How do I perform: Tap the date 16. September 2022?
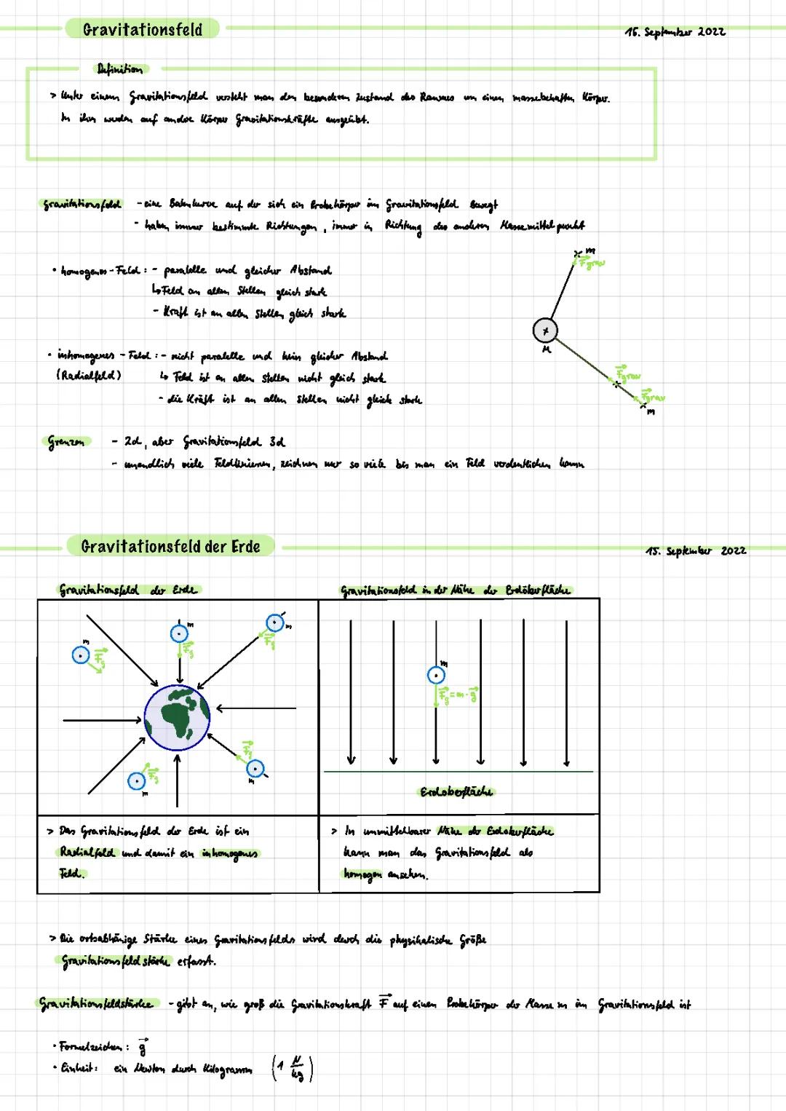coord(675,32)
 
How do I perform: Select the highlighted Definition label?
coord(120,69)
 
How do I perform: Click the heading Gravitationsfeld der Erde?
coord(170,547)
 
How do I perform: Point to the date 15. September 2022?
coord(695,551)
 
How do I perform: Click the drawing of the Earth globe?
coord(177,717)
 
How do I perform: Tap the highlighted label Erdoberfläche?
coord(457,792)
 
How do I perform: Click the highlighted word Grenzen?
coord(67,441)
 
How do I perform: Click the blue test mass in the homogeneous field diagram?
coord(435,676)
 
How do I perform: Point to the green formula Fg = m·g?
coord(459,696)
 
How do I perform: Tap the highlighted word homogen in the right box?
coord(362,874)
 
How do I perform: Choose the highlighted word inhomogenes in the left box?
coord(230,853)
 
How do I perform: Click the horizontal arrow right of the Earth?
coord(256,708)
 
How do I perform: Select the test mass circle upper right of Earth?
coord(274,624)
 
